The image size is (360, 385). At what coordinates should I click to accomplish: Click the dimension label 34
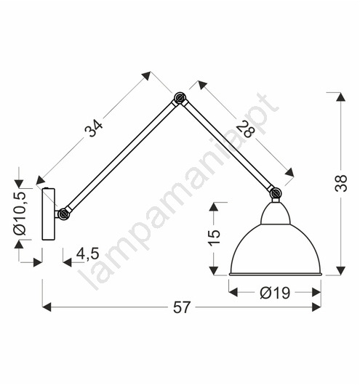point(93,128)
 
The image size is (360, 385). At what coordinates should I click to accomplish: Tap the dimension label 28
point(245,130)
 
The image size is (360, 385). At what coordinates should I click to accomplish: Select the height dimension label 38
point(341,183)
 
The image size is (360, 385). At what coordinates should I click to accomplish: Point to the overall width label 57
point(182,307)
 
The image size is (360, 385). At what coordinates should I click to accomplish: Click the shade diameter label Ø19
point(275,293)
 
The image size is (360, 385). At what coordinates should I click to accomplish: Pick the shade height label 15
point(215,238)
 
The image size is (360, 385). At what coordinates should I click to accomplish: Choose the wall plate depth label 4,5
point(88,254)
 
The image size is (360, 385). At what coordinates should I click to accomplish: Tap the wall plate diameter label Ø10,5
point(20,214)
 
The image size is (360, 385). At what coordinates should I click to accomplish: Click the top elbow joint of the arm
point(180,99)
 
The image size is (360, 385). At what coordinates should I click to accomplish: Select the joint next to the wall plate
point(64,214)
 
